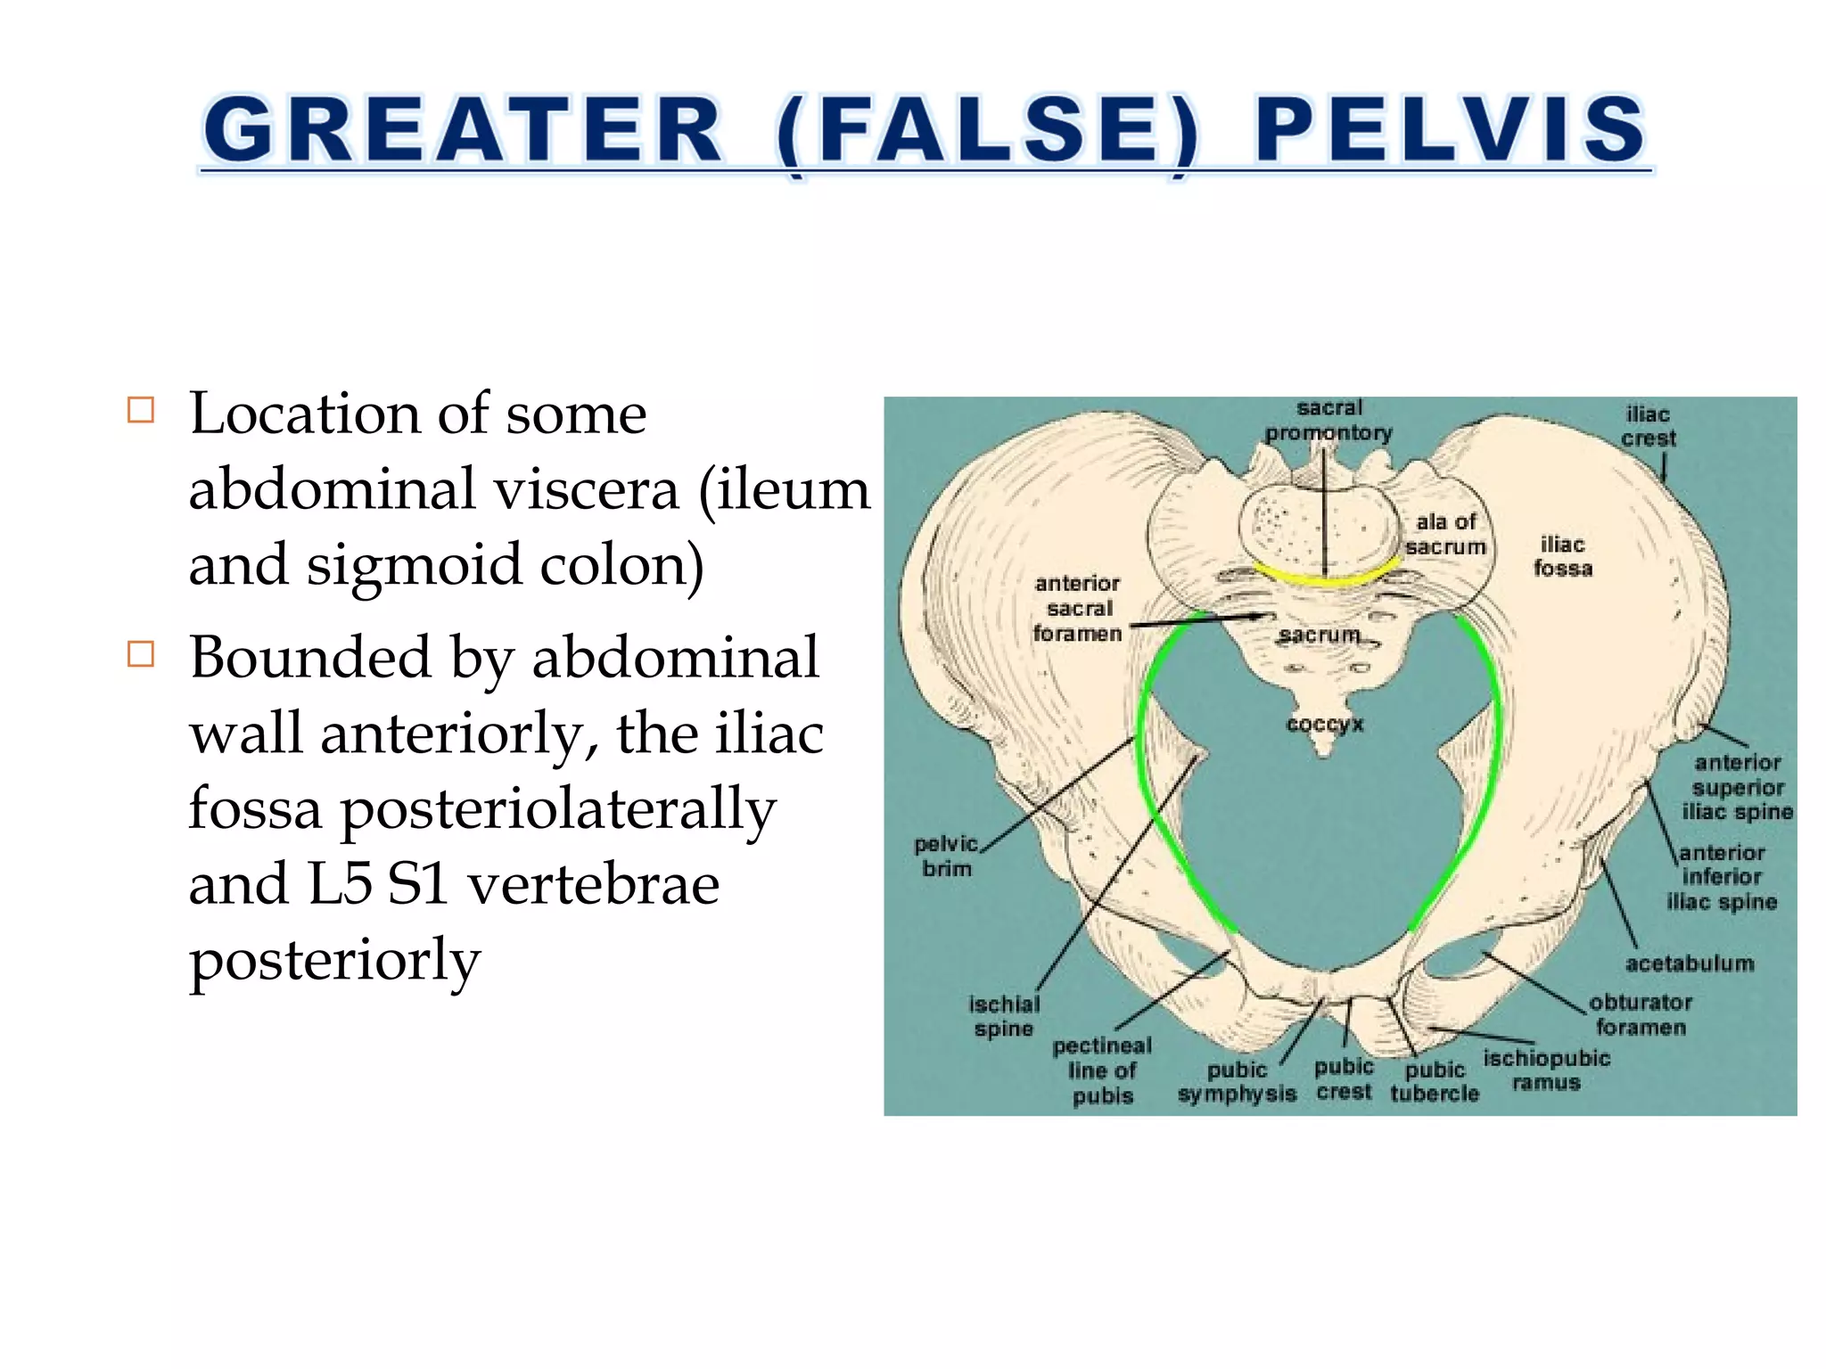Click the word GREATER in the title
click(462, 131)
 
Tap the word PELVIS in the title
click(1450, 131)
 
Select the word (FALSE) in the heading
click(988, 131)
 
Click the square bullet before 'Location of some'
click(141, 410)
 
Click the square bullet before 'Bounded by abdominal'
click(141, 653)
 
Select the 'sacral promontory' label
click(1328, 420)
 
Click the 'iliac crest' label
click(1648, 426)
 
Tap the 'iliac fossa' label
click(1562, 556)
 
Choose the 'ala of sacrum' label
click(1445, 534)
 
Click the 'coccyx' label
click(1325, 723)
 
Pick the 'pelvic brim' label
click(946, 856)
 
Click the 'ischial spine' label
click(1004, 1016)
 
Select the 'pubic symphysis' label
click(1237, 1081)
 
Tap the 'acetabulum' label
click(1689, 963)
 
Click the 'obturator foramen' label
click(1641, 1014)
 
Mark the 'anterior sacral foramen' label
click(1077, 608)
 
